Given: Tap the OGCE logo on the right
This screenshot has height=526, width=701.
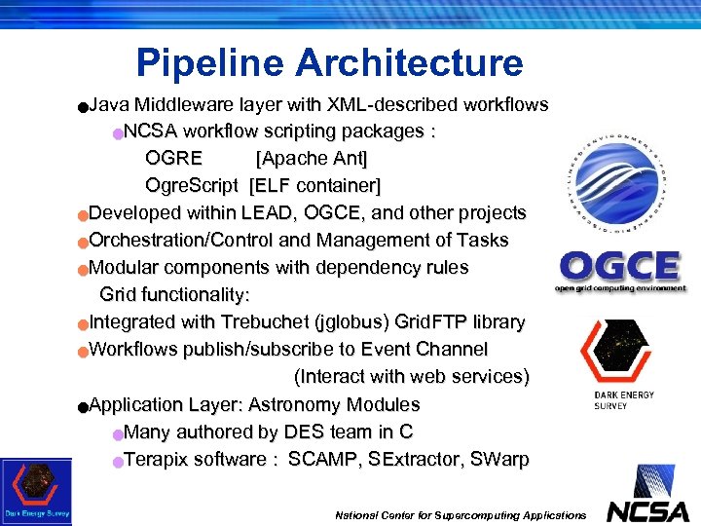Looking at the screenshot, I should (x=619, y=271).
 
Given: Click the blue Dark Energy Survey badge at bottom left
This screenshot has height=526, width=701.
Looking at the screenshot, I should (x=36, y=492).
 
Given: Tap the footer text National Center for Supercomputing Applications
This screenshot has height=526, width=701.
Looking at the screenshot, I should (x=461, y=514).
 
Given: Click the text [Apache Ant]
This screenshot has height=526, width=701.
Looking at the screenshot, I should (x=312, y=158).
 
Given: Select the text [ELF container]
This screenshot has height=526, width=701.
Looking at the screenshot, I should (x=315, y=185).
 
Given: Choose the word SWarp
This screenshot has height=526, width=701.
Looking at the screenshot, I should (x=498, y=459).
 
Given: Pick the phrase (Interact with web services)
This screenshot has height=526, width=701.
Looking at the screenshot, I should (x=411, y=376).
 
